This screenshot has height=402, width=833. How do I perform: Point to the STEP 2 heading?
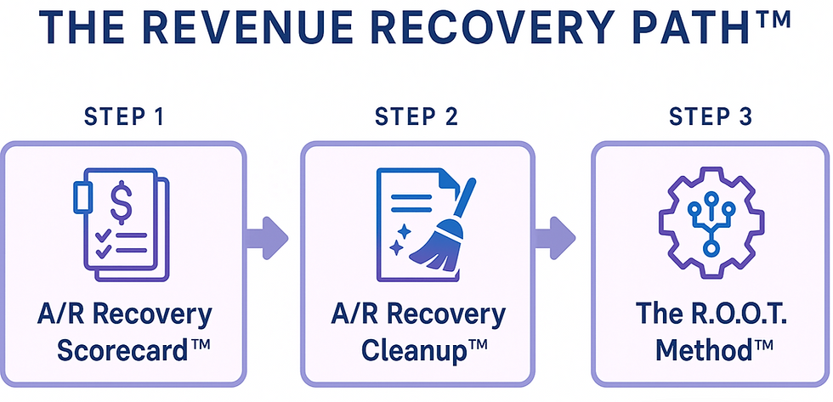point(416,118)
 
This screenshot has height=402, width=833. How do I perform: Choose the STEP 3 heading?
point(711,118)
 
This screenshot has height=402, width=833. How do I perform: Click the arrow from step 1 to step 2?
point(267,235)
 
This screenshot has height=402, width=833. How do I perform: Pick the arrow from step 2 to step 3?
point(558,235)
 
